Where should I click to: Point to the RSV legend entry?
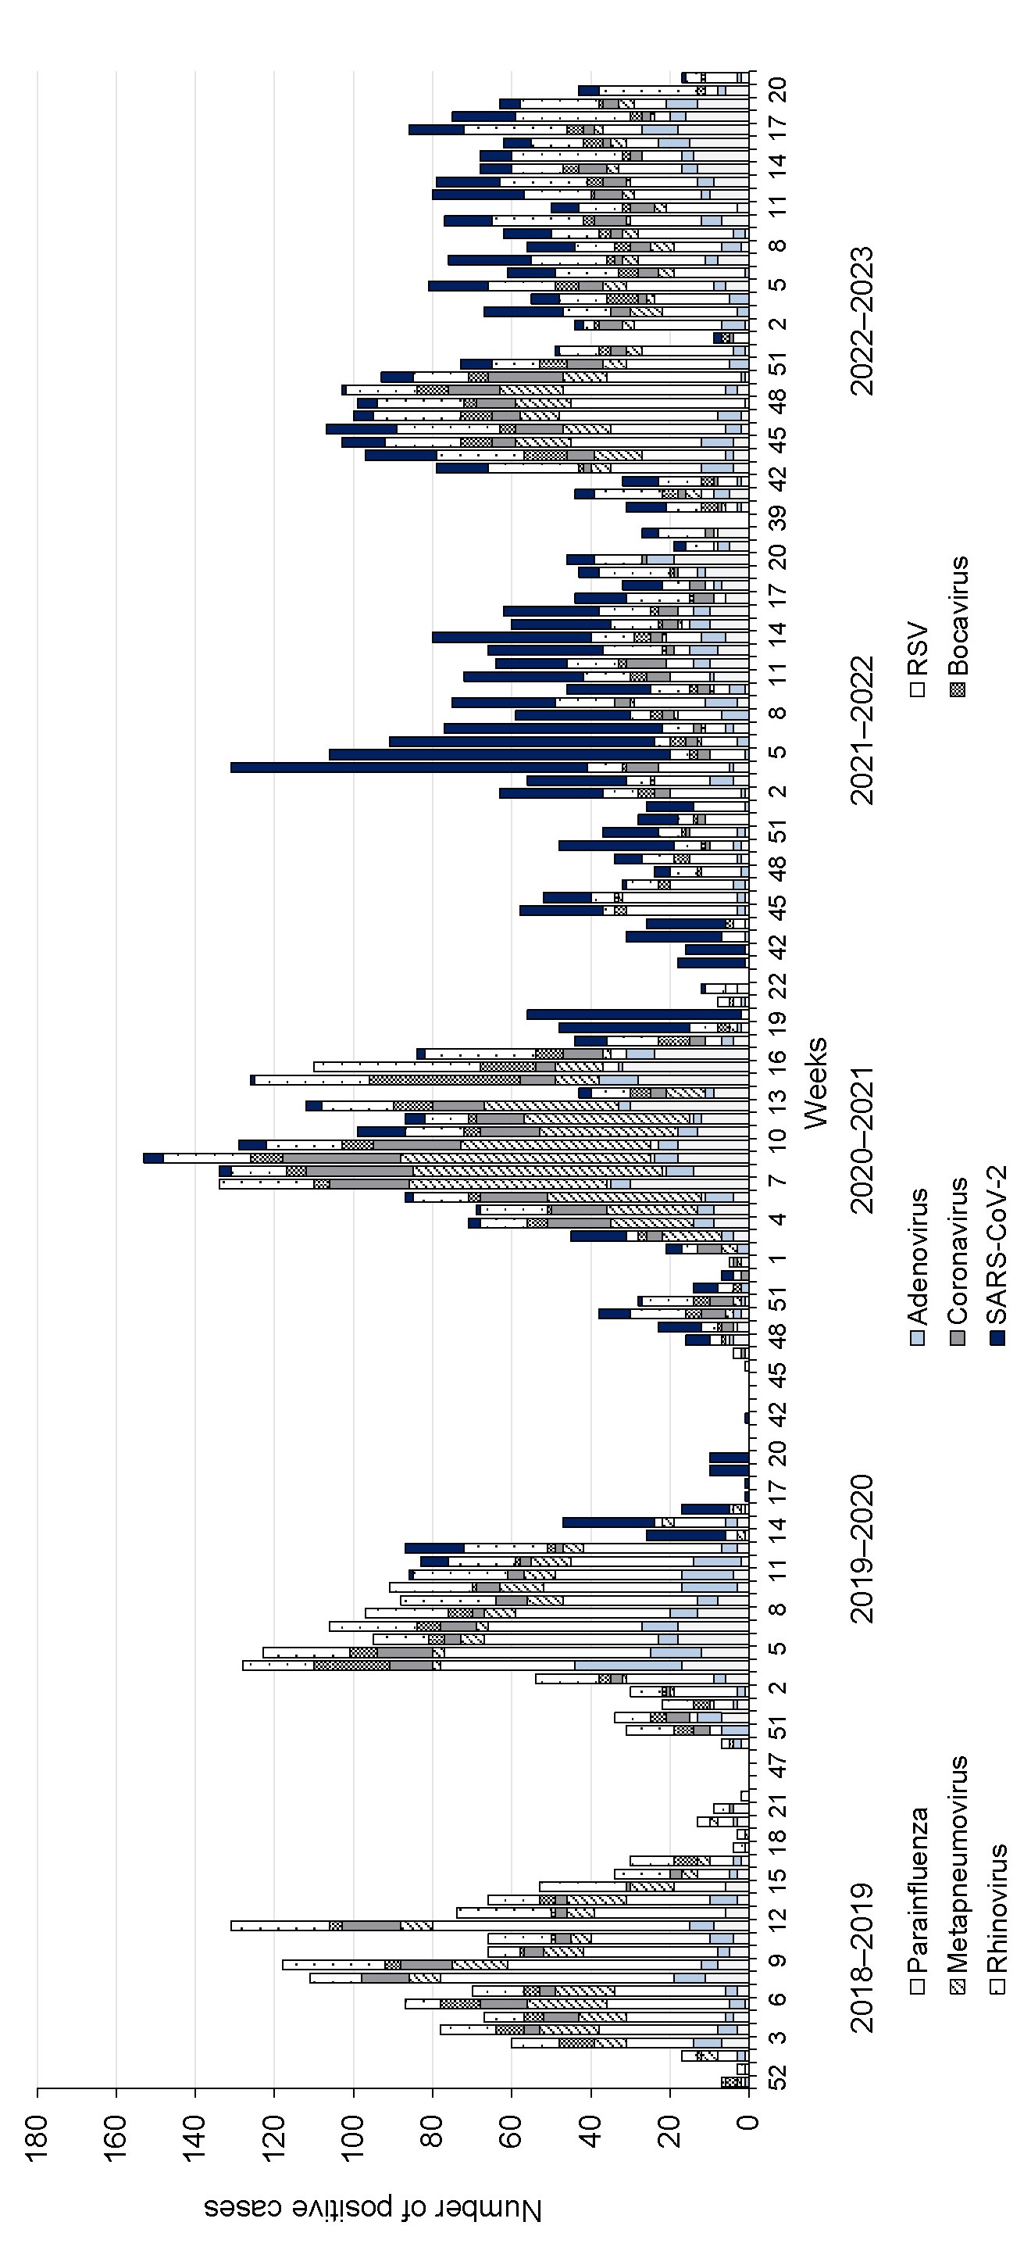click(919, 659)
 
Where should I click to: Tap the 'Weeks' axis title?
click(815, 1082)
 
